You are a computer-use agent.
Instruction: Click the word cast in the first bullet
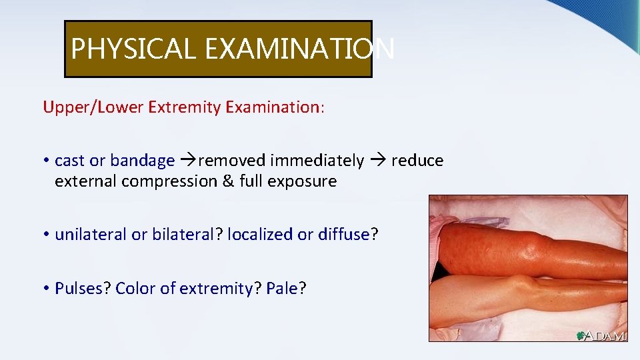tap(70, 161)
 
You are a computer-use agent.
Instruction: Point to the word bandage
tap(142, 161)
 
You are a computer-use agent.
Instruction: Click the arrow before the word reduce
tap(378, 161)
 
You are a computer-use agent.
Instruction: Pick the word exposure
tap(303, 181)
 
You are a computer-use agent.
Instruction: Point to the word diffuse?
tap(346, 235)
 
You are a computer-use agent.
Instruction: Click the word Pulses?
tap(83, 289)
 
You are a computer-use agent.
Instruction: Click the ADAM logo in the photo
tap(601, 335)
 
